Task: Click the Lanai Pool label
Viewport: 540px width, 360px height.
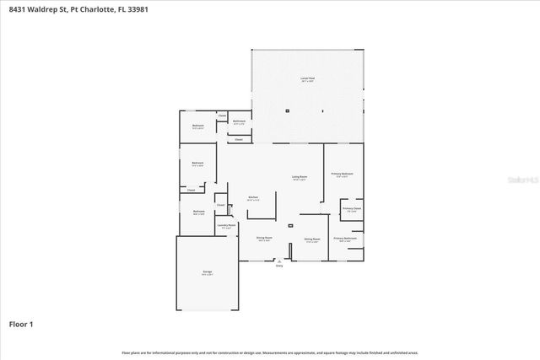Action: [x=308, y=78]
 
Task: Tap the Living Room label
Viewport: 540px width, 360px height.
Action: [x=300, y=177]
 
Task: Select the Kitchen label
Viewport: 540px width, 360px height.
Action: [x=252, y=198]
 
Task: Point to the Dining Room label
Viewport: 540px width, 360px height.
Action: [x=264, y=239]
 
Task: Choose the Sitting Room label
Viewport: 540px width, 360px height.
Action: [x=312, y=239]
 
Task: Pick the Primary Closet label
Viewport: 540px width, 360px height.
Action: [x=352, y=210]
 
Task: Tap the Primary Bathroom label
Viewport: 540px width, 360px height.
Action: [x=345, y=239]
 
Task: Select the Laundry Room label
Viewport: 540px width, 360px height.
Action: [x=225, y=226]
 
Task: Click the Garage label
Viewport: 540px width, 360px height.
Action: [x=207, y=272]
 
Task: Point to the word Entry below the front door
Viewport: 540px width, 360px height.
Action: [x=279, y=266]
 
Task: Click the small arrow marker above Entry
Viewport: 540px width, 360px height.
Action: [x=279, y=261]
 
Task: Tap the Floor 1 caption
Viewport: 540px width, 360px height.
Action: [x=21, y=324]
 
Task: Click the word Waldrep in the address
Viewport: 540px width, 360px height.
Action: [x=43, y=9]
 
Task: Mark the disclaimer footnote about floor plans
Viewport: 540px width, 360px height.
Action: [x=270, y=352]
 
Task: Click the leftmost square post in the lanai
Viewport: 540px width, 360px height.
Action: [x=287, y=110]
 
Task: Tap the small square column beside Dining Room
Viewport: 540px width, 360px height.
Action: [x=290, y=226]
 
